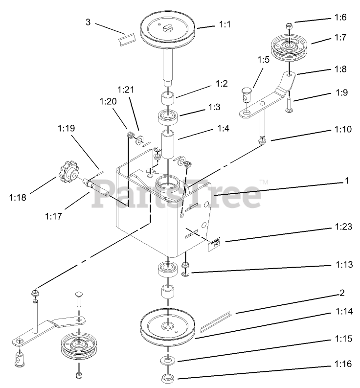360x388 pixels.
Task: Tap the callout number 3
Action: click(x=88, y=22)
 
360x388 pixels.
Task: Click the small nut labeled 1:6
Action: click(x=289, y=24)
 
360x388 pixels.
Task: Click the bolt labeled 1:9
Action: click(x=289, y=104)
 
